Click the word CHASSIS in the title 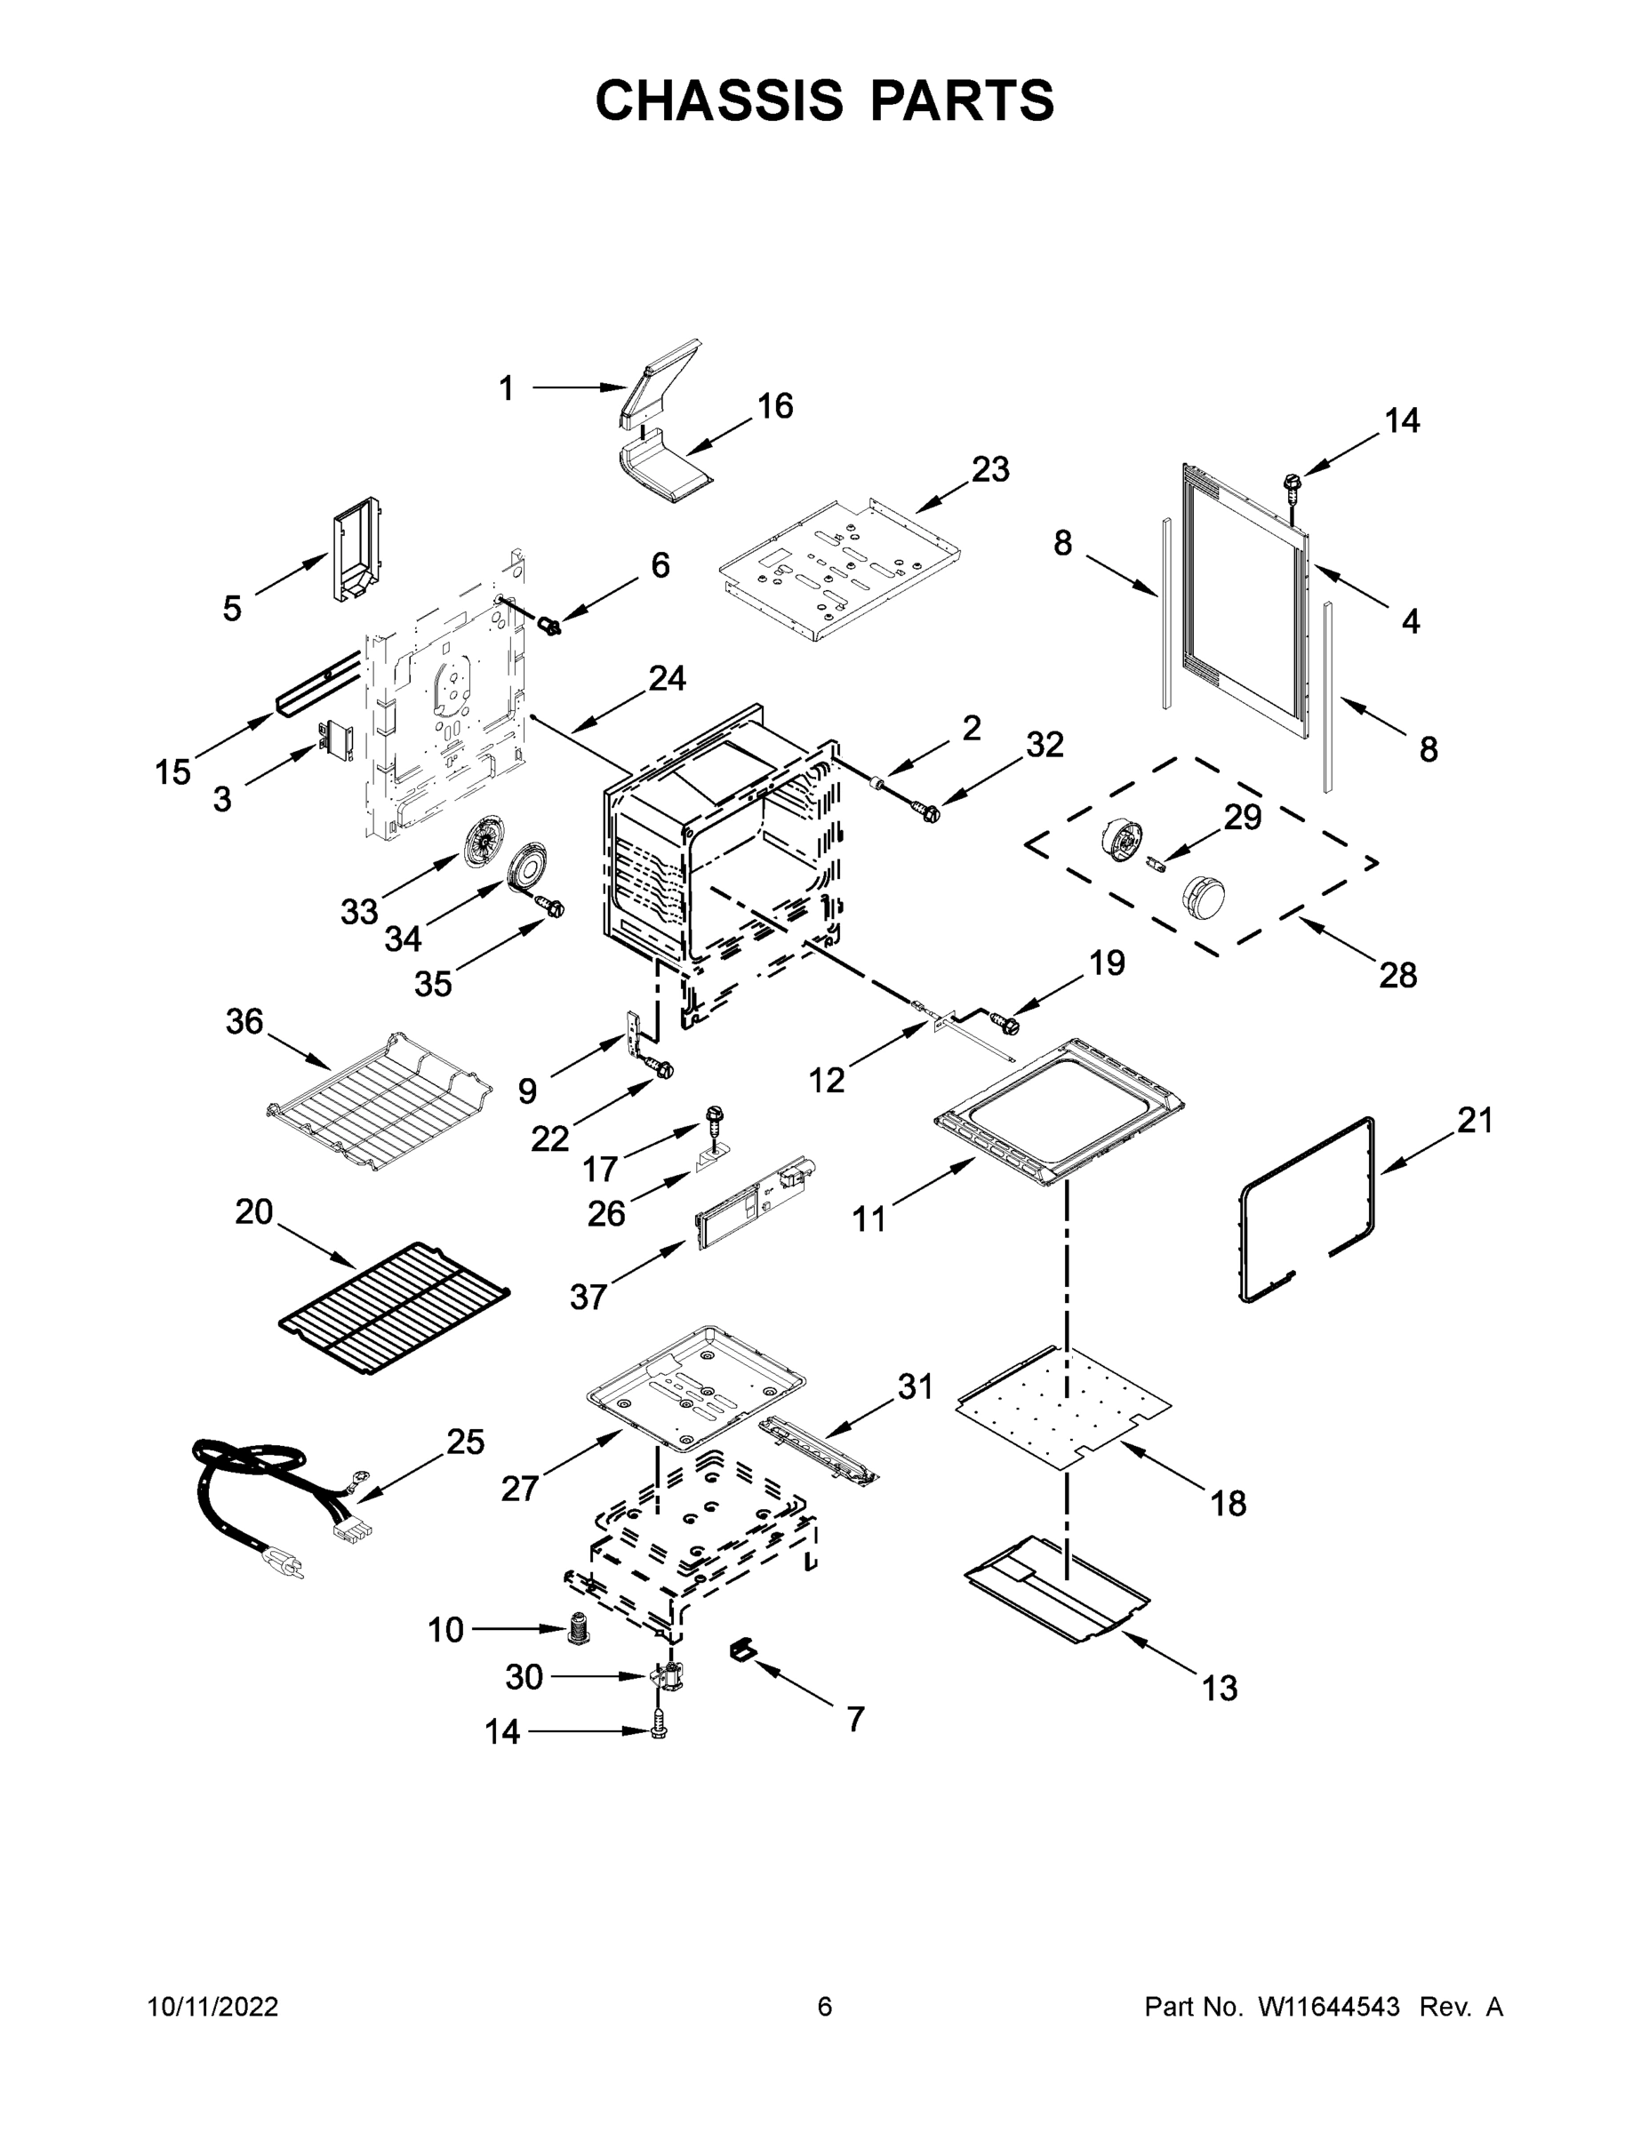[719, 100]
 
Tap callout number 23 [989, 470]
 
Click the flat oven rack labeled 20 [394, 1306]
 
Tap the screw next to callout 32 [925, 809]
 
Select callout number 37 [588, 1297]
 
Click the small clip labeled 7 [742, 1650]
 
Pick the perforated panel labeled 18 [1064, 1410]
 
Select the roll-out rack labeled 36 [378, 1100]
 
